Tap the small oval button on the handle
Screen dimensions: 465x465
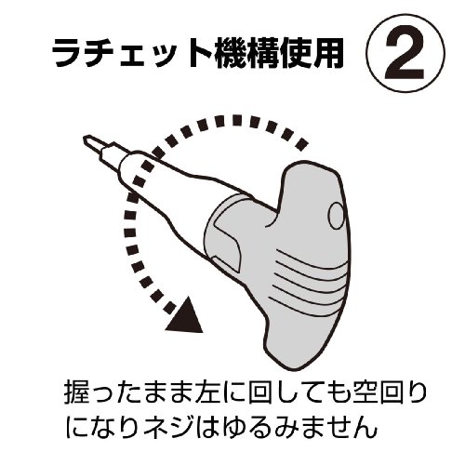coord(336,215)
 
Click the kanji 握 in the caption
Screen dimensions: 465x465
coord(75,393)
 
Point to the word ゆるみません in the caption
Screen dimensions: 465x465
coord(298,427)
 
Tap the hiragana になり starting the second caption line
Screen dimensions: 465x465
coord(100,427)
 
